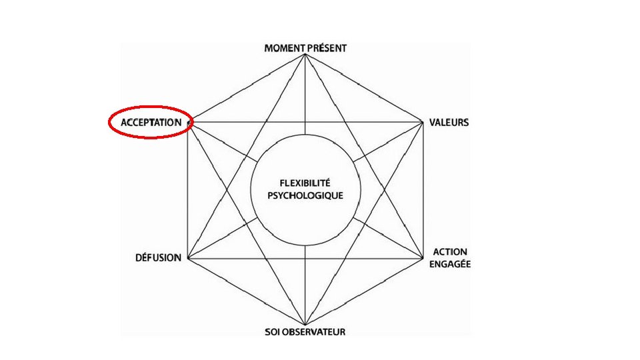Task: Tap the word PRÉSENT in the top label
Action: pyautogui.click(x=327, y=48)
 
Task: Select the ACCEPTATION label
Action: pyautogui.click(x=151, y=123)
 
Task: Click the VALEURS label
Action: pyautogui.click(x=449, y=123)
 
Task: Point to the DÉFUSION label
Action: pyautogui.click(x=157, y=258)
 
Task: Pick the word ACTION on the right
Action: pyautogui.click(x=450, y=252)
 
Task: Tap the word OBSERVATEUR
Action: pyautogui.click(x=315, y=331)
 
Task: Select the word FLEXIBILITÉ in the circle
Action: pyautogui.click(x=306, y=183)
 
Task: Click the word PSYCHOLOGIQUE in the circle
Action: pyautogui.click(x=306, y=195)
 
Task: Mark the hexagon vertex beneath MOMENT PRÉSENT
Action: pyautogui.click(x=305, y=55)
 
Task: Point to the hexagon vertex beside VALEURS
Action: pyautogui.click(x=423, y=123)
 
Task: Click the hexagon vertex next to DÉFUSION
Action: pyautogui.click(x=189, y=258)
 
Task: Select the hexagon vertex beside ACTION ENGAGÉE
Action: pyautogui.click(x=423, y=258)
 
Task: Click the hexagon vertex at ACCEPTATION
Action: pyautogui.click(x=189, y=123)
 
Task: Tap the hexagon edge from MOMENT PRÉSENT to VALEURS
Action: pyautogui.click(x=364, y=89)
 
